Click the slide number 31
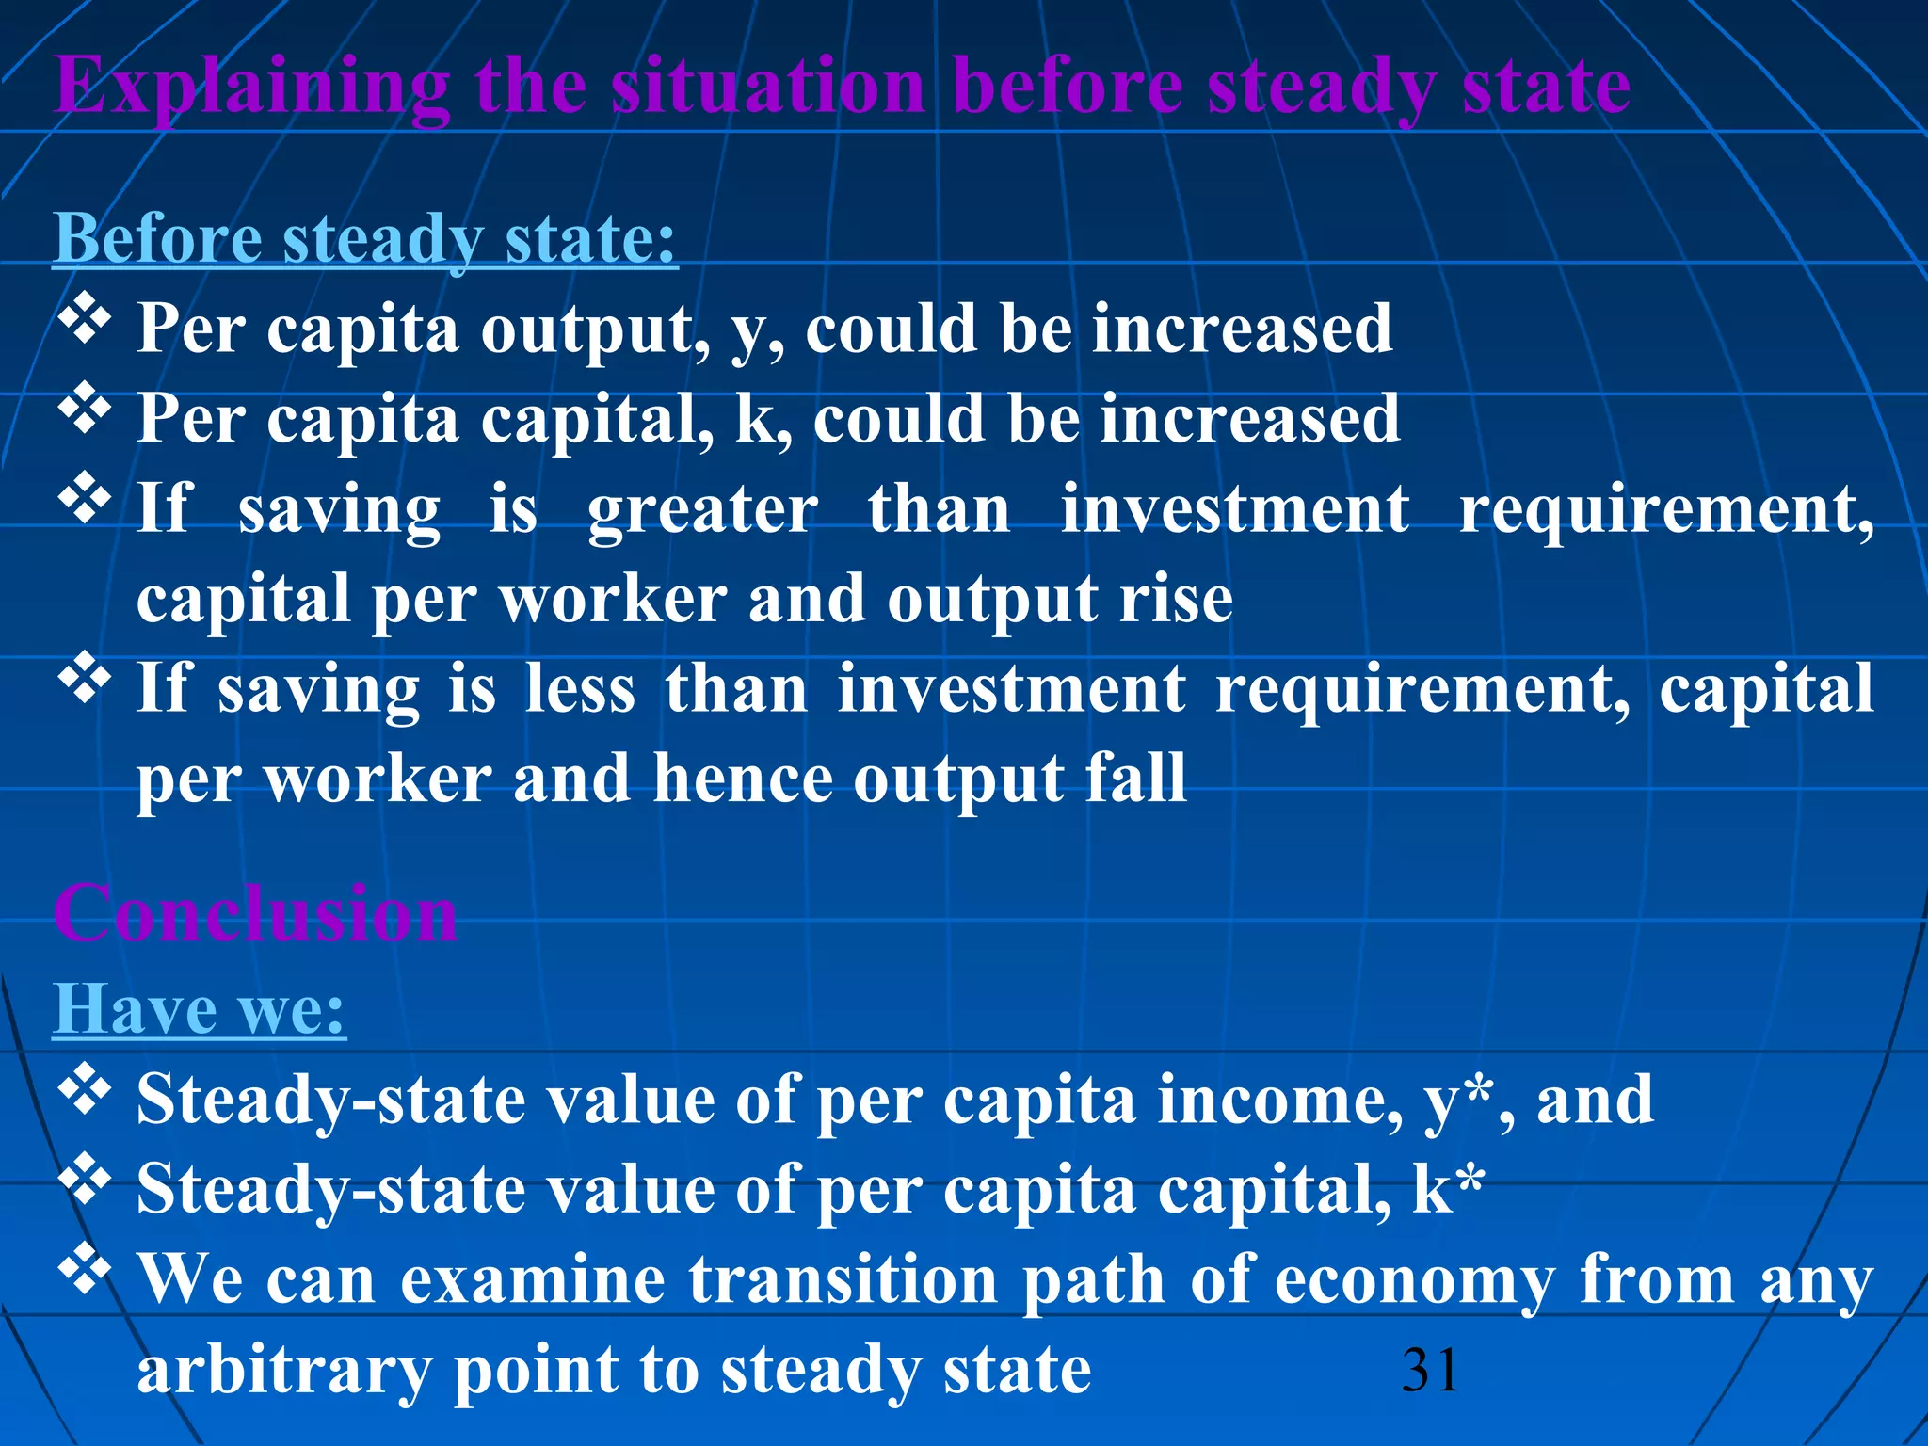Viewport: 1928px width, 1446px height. click(1430, 1370)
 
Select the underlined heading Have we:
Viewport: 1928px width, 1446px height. click(199, 1009)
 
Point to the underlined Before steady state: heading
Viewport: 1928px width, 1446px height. click(364, 238)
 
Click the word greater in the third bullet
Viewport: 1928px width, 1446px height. click(702, 509)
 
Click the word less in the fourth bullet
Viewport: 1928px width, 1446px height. click(580, 689)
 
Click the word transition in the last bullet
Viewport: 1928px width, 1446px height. click(843, 1279)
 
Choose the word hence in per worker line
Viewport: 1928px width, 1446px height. click(743, 779)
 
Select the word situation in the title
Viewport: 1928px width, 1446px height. click(768, 87)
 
